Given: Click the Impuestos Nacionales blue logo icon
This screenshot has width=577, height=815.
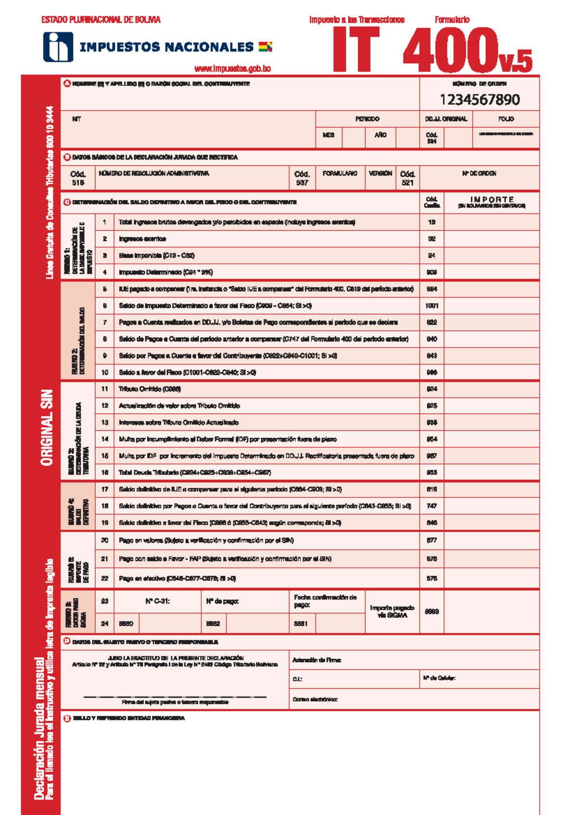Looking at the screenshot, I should coord(58,47).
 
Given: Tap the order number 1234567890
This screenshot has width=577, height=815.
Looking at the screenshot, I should coord(479,99).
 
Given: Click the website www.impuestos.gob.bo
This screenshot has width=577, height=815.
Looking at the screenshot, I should coord(232,69).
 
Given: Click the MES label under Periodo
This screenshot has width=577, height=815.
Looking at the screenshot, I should coord(328,135).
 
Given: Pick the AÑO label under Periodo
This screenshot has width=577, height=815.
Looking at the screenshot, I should coord(380,135).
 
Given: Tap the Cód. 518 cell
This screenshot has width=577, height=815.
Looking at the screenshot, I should coord(78,178).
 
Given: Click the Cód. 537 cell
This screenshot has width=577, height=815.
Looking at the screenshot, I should coord(302,178).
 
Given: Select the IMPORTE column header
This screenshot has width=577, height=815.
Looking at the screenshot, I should coord(491,199).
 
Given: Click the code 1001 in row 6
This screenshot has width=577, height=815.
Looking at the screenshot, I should coord(432,306).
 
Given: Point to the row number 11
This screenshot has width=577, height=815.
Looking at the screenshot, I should coord(105,389).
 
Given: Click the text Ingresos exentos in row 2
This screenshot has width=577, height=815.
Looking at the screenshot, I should coord(142,239).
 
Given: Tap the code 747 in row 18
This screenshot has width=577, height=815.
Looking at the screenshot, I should coord(432,506).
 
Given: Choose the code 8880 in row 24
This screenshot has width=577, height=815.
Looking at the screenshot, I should coord(126,624).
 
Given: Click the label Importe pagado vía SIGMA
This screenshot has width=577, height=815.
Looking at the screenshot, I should coord(392,611).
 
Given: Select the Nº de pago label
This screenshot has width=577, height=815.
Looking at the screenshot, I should coord(222,601).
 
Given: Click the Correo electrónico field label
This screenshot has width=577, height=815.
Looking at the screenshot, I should coord(315,699).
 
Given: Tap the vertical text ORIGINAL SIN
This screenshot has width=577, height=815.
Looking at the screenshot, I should coord(47,427).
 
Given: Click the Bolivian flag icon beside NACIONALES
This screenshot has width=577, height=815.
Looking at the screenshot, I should coord(265,47).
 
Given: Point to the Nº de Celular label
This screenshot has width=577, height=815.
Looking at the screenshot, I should coord(439,678).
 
